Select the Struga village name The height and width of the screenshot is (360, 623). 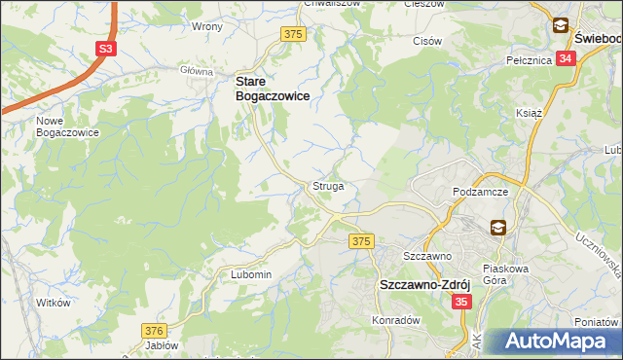pyautogui.click(x=328, y=185)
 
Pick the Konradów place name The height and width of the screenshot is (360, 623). pyautogui.click(x=395, y=320)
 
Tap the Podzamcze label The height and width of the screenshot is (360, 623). pyautogui.click(x=481, y=193)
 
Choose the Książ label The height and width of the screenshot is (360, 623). pyautogui.click(x=528, y=113)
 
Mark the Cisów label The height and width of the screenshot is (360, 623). pyautogui.click(x=428, y=41)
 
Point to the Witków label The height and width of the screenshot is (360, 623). pyautogui.click(x=54, y=303)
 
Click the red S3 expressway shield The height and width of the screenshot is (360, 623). pyautogui.click(x=106, y=50)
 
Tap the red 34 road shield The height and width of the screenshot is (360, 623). pyautogui.click(x=567, y=58)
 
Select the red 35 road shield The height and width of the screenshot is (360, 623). pyautogui.click(x=462, y=304)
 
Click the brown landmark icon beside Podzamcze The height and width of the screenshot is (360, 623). pyautogui.click(x=497, y=228)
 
